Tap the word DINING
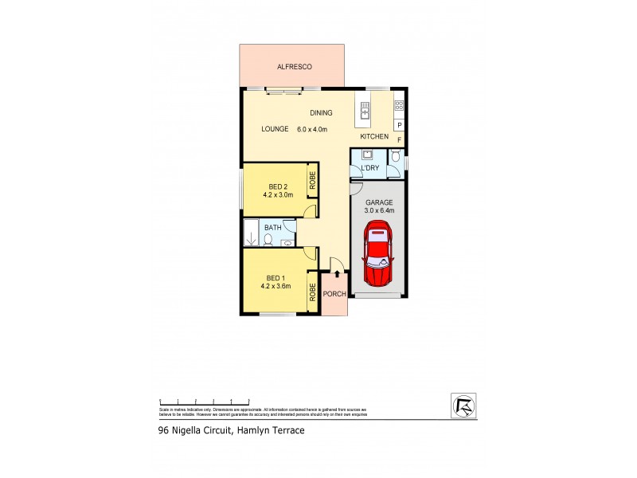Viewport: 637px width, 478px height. coord(321,113)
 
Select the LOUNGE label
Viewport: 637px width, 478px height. coord(276,129)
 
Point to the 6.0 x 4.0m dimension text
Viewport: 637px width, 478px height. coord(313,129)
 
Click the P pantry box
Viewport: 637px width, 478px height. coord(399,125)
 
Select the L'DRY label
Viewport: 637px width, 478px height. coord(370,168)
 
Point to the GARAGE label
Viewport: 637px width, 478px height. coord(378,202)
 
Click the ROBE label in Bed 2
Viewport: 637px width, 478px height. coord(314,180)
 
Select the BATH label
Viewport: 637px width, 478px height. coord(273,228)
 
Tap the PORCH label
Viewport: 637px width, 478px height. coord(334,293)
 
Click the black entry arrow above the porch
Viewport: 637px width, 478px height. coord(337,274)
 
